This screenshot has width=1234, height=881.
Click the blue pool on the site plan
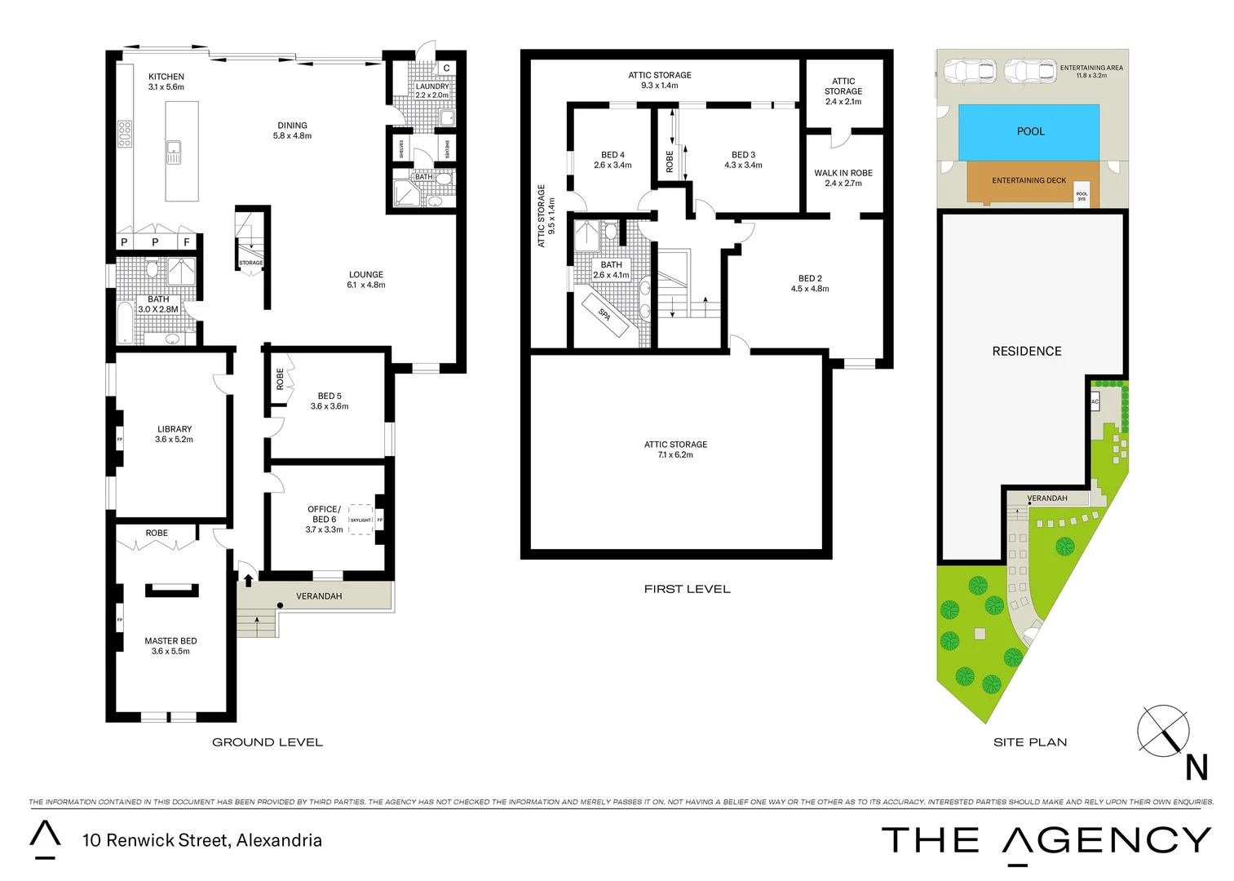1028,132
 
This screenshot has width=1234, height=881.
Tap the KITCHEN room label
166,77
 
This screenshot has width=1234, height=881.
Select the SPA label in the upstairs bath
604,314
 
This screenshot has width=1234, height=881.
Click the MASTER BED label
170,641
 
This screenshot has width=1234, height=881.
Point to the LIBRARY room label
175,429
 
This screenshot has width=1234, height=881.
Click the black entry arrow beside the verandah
249,580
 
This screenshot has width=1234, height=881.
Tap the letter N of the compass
1196,768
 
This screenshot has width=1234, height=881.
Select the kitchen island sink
174,152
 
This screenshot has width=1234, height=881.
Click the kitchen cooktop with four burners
125,134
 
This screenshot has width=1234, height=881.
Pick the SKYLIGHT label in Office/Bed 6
360,520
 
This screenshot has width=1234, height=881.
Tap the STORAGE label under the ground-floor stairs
251,263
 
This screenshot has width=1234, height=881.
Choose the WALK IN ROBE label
843,173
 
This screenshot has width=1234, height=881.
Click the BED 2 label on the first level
810,278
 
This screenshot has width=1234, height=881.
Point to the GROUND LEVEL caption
268,742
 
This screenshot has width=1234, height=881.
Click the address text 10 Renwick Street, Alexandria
202,840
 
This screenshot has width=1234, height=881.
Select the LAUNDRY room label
432,86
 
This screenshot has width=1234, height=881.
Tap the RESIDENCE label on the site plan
1027,352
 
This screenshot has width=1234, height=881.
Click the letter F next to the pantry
187,242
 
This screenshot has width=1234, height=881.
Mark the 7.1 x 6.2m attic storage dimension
675,455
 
